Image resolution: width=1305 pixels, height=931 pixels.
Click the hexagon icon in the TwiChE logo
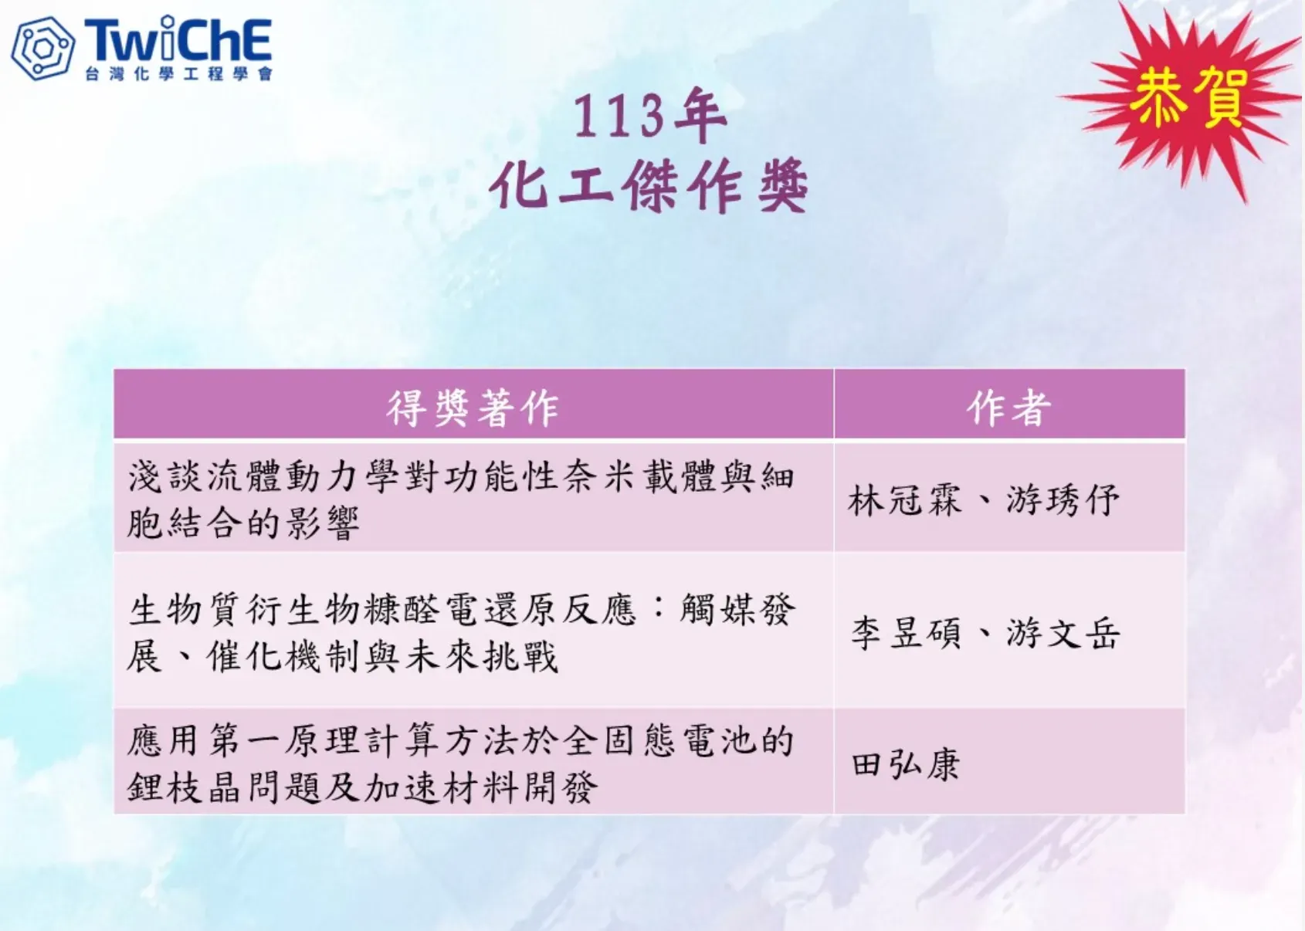[43, 49]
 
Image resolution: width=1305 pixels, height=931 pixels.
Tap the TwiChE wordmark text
[178, 39]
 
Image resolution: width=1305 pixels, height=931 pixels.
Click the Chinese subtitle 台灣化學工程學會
[178, 74]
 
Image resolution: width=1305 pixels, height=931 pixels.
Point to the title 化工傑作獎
[649, 185]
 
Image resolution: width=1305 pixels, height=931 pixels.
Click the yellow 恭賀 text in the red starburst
[1188, 97]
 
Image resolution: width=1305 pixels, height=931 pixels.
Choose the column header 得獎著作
[473, 408]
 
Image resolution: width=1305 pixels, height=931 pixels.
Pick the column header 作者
[1009, 408]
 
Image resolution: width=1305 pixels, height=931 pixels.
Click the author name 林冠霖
[905, 500]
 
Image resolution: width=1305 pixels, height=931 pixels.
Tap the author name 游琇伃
[1063, 500]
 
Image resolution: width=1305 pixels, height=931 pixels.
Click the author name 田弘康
[905, 764]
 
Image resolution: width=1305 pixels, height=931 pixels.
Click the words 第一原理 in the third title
[286, 741]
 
